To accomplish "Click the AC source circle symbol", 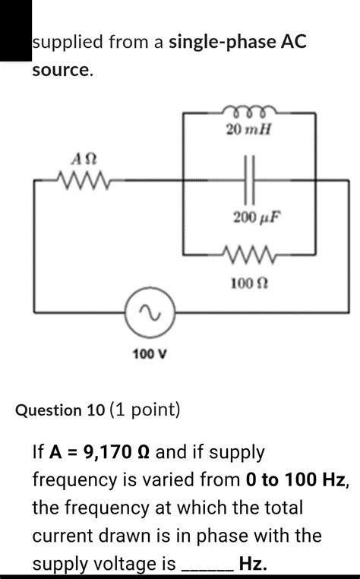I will click(x=151, y=312).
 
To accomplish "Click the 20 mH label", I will click(x=248, y=130).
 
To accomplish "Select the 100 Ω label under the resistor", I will click(x=248, y=283).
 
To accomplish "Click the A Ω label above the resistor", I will click(x=83, y=159).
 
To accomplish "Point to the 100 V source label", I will click(x=150, y=354).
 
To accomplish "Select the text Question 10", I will click(x=61, y=410).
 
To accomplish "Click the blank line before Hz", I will click(x=205, y=564).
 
